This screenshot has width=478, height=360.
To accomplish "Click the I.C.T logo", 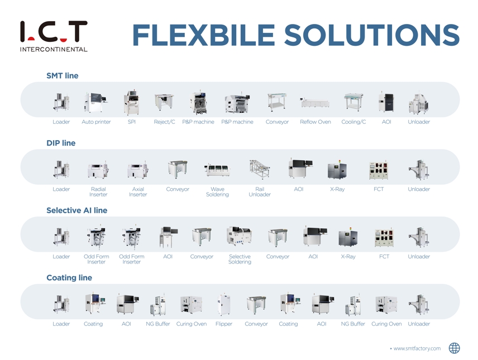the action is (x=54, y=36).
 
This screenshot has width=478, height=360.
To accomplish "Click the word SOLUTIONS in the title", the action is (x=371, y=35).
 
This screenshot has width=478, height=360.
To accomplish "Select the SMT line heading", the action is (x=62, y=75).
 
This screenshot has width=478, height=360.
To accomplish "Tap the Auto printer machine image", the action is (x=95, y=102).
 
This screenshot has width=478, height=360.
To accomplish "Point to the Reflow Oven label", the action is (x=315, y=122).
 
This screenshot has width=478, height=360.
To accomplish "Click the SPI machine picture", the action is (x=132, y=103).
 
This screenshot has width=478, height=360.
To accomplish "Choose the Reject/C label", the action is (x=164, y=122).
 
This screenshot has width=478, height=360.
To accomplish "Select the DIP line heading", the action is (x=61, y=143).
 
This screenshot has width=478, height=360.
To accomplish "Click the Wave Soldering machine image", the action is (x=217, y=170).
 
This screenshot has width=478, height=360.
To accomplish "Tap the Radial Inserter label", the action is (x=98, y=192).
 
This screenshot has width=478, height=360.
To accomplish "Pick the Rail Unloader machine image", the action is (x=260, y=169).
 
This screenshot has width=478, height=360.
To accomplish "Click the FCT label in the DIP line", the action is (x=379, y=189).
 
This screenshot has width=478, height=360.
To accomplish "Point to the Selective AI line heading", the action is (x=77, y=210).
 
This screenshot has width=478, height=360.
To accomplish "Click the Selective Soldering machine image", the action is (x=240, y=236).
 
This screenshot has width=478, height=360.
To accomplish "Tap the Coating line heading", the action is (x=69, y=278).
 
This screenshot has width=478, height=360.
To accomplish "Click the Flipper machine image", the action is (x=224, y=304).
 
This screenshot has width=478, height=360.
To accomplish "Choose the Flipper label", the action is (x=224, y=324).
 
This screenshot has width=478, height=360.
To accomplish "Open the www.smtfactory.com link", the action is (x=417, y=348).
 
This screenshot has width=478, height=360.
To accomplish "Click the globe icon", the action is (x=454, y=348).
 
